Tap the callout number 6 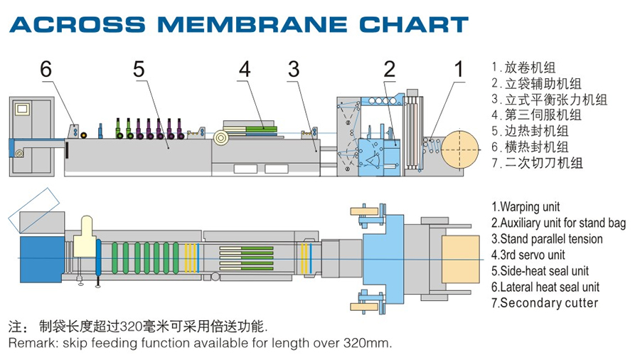[x=46, y=69]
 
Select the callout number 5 [x=139, y=69]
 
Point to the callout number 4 [x=245, y=69]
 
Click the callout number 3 [x=294, y=69]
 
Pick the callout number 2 [x=389, y=69]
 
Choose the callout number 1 [x=459, y=69]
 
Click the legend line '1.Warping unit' [x=526, y=207]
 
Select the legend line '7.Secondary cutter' [x=545, y=303]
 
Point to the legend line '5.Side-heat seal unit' [x=540, y=271]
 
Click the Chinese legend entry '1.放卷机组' [x=523, y=68]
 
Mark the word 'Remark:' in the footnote [x=31, y=343]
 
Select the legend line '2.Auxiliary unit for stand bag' [x=558, y=223]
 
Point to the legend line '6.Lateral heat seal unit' [x=545, y=287]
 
